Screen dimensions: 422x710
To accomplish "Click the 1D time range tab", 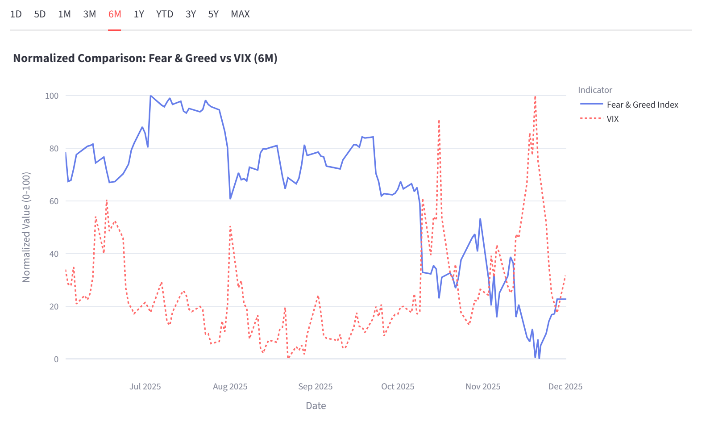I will point(16,14).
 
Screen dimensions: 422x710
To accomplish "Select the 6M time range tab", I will point(115,14).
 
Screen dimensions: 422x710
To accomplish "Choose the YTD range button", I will point(165,14).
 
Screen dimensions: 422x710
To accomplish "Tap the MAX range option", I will point(240,14).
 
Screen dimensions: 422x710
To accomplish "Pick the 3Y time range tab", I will point(191,14).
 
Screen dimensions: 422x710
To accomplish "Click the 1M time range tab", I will point(64,14).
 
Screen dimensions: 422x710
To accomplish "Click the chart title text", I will point(145,58).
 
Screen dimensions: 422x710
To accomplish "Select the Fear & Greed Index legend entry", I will point(642,104).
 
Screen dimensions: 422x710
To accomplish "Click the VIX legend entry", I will point(612,119).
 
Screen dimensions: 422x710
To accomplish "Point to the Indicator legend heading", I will point(595,90).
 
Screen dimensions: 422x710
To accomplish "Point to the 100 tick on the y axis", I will point(52,96).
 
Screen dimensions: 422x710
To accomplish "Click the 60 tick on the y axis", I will point(54,201).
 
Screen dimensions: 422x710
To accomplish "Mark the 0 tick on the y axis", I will point(56,359).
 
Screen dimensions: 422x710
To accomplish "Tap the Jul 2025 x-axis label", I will point(145,387).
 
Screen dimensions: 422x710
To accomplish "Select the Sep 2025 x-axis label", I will point(315,387).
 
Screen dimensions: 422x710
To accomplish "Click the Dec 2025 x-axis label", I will point(565,387).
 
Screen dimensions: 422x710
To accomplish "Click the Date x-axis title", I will point(316,406).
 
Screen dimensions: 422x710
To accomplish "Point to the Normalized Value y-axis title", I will point(26,227).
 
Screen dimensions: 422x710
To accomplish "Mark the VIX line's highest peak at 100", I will point(535,96).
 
